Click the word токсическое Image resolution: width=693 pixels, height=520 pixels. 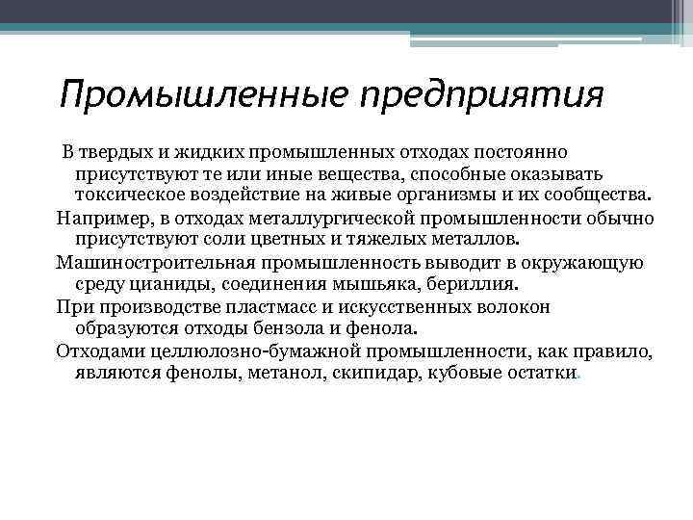point(122,195)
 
